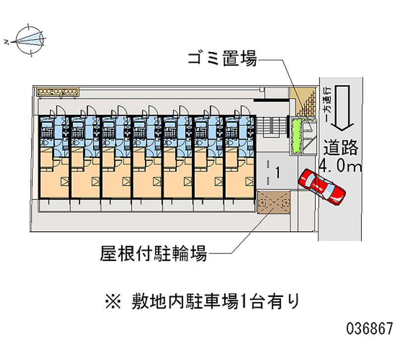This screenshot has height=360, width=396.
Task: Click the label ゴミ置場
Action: point(222,60)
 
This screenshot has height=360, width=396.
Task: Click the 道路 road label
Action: point(341,148)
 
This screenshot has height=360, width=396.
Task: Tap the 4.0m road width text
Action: point(341,166)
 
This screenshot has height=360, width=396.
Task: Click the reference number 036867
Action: point(370,328)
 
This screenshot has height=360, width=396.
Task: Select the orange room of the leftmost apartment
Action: point(54,181)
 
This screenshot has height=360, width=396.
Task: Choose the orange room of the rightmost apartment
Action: point(240,181)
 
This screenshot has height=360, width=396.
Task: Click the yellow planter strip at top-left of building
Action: point(59,91)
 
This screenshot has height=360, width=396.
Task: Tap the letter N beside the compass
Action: point(6,42)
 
